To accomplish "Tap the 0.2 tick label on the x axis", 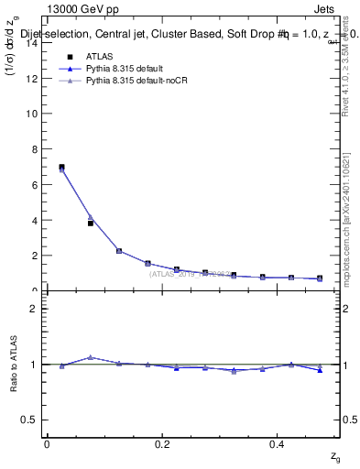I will pos(162,444).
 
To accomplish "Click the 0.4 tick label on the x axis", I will pos(278,444).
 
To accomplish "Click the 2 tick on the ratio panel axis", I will pos(36,309).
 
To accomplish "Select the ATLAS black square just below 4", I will pos(91,223).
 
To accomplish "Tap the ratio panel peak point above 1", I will pos(91,357).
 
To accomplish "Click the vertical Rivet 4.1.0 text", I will pos(344,64).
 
